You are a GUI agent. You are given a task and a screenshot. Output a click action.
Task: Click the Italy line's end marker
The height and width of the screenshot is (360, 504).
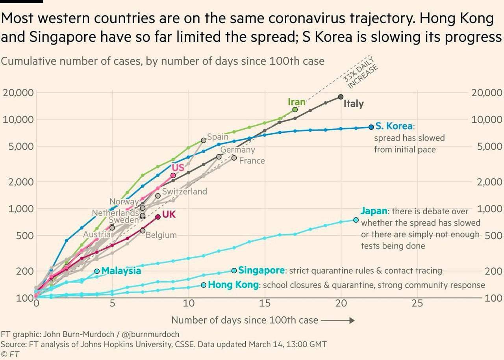coord(341,97)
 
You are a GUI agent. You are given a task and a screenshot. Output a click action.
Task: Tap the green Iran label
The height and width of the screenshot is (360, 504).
coord(296,102)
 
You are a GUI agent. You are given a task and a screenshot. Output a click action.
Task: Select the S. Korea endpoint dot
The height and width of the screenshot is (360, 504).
coord(371,127)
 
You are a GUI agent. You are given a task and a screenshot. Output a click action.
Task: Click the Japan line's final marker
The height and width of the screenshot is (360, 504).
coord(356,220)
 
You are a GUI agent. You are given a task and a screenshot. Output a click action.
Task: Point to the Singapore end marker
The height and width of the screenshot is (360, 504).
coord(234,271)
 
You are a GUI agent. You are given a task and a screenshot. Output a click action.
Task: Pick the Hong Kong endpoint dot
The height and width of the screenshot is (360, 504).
coord(204,285)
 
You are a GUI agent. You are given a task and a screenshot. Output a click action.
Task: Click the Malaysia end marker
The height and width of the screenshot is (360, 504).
coord(97,271)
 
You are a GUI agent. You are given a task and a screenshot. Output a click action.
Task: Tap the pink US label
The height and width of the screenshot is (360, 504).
coord(178,168)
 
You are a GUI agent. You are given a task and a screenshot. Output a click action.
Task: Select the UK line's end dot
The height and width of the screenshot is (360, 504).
coord(158,217)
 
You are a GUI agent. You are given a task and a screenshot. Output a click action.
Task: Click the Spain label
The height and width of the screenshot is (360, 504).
coord(218,137)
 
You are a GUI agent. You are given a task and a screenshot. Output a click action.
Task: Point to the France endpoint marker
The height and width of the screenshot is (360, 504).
coord(234,158)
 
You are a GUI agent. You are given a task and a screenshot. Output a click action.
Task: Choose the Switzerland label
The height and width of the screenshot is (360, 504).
coord(184,191)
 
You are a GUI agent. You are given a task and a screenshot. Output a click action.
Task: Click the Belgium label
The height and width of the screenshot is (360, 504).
coord(161,235)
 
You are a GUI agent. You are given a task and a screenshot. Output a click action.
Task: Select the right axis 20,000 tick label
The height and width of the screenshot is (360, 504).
coord(487,93)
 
